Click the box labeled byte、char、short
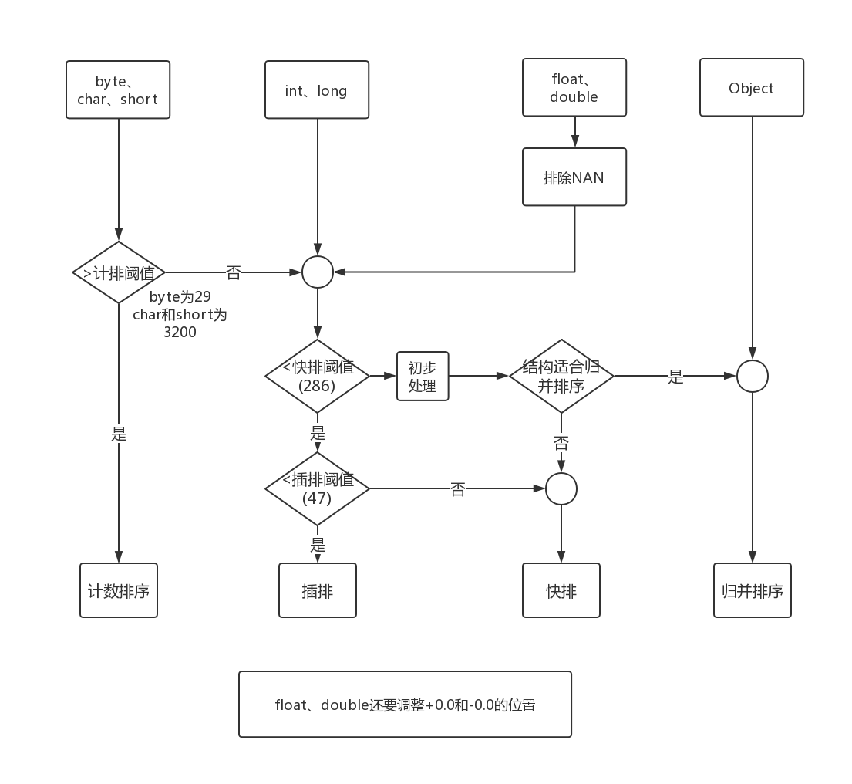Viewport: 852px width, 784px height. [x=118, y=90]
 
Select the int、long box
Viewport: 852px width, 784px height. [x=317, y=90]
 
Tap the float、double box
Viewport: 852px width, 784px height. [x=574, y=88]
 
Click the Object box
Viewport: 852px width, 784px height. [x=752, y=88]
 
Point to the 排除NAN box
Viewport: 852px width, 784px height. [x=574, y=177]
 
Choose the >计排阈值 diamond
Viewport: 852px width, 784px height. [x=119, y=272]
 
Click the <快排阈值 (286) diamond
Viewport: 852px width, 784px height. [x=317, y=377]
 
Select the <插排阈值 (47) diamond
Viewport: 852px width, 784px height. [x=317, y=488]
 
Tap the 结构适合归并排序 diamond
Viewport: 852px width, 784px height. [x=561, y=377]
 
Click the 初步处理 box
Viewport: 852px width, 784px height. [x=423, y=377]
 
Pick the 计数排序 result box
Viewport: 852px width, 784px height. [x=119, y=591]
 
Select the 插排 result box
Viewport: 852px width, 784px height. [x=318, y=591]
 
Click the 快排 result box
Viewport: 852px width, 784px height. [x=561, y=591]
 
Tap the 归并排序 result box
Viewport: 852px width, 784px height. [x=753, y=591]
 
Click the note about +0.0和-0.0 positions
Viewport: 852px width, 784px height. [x=405, y=705]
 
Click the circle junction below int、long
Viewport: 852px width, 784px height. [x=317, y=272]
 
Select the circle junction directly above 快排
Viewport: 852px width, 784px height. [x=561, y=488]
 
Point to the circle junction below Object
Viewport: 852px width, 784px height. [x=753, y=377]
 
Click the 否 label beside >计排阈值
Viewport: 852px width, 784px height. [x=234, y=272]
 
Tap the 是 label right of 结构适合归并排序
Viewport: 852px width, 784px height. [x=675, y=377]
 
